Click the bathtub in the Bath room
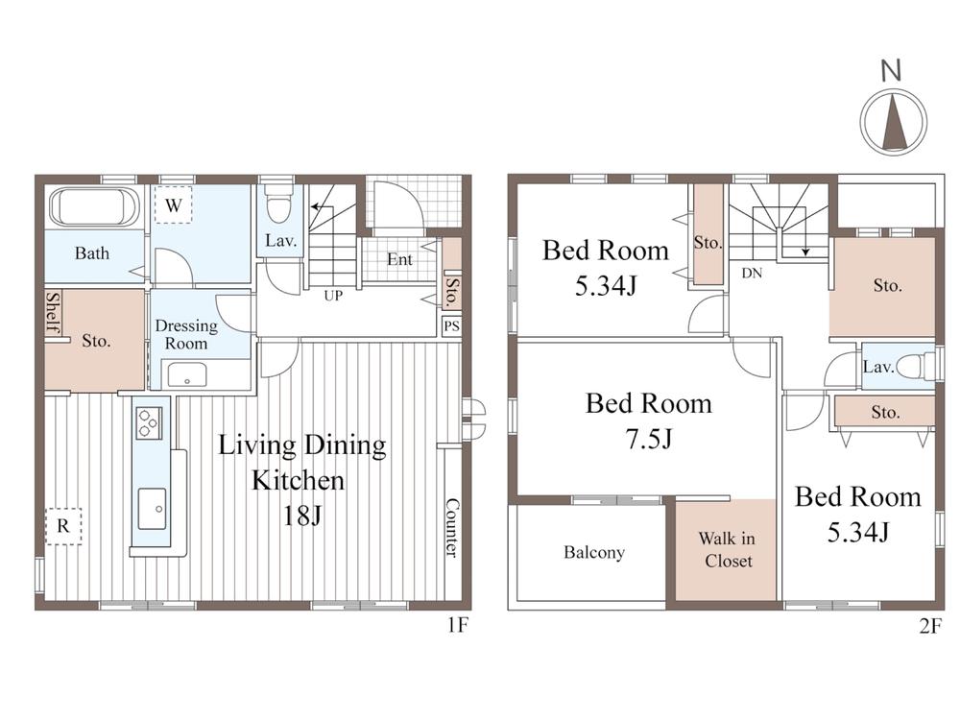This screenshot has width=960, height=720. pos(94,207)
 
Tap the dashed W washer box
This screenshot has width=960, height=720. pos(173,205)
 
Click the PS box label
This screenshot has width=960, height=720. pos(451,326)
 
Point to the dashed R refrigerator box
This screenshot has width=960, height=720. pos(63,525)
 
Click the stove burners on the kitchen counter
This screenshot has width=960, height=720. pos(149,423)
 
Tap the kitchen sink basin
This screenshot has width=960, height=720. pos(152,509)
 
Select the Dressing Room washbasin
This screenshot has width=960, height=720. pos(187,374)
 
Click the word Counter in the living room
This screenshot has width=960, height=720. pos(451,528)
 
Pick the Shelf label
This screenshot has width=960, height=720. pos(54,313)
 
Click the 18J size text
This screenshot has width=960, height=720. pos(301,516)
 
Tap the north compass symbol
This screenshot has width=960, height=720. pos(894,121)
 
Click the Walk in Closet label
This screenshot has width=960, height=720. pos(728,550)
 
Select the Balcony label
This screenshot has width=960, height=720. pos(594,552)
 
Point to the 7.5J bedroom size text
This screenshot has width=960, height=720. pos(649,439)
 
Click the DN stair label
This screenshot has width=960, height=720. pos(752,273)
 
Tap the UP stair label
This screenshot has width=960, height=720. pos(333,296)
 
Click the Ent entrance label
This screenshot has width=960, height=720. pos(399,259)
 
